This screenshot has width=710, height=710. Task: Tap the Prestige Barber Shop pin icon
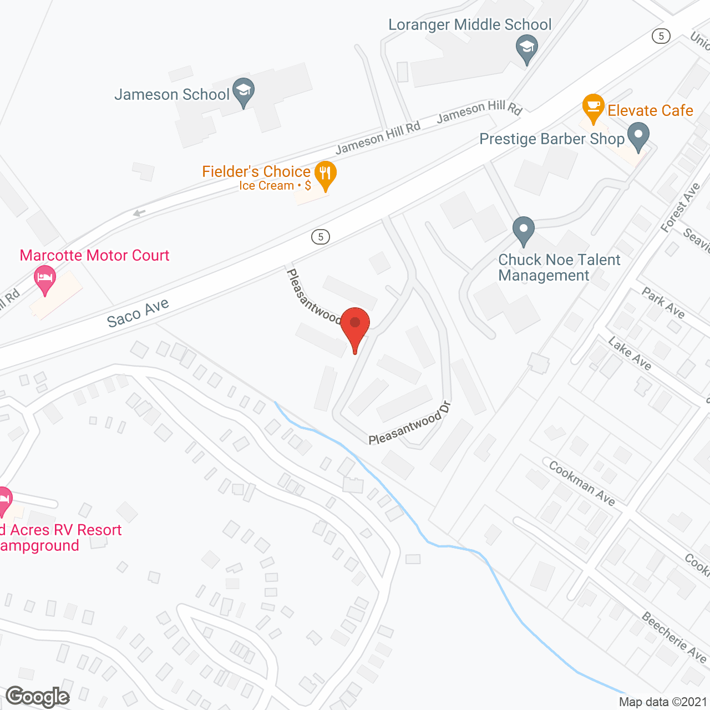pyautogui.click(x=638, y=136)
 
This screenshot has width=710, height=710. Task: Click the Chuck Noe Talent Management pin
pyautogui.click(x=523, y=231)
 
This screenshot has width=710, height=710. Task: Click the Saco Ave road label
pyautogui.click(x=138, y=313)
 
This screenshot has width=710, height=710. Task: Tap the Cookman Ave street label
pyautogui.click(x=582, y=484)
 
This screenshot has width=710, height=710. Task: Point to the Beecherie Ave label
pyautogui.click(x=674, y=637)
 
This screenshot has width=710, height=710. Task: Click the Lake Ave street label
pyautogui.click(x=630, y=353)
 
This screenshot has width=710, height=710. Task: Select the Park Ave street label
pyautogui.click(x=663, y=303)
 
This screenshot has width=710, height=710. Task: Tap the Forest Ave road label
pyautogui.click(x=681, y=207)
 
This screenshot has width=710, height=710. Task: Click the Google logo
pyautogui.click(x=38, y=697)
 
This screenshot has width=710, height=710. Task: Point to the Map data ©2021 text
pyautogui.click(x=663, y=702)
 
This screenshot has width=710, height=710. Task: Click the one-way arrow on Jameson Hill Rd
pyautogui.click(x=139, y=213)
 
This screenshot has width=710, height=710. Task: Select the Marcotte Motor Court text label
pyautogui.click(x=94, y=256)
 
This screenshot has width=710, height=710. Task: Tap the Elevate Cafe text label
pyautogui.click(x=650, y=110)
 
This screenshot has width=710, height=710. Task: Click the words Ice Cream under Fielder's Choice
pyautogui.click(x=266, y=186)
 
